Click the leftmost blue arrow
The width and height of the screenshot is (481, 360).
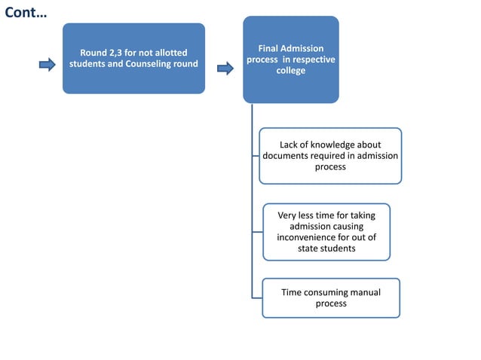pos(47,65)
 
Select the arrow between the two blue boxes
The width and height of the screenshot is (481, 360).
pos(225,69)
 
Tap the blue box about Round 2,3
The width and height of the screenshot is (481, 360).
pos(133,58)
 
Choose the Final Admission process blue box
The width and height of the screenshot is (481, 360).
pos(290,59)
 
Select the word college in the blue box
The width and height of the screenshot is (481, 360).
pos(291,71)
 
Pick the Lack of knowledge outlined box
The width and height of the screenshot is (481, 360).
pos(330,156)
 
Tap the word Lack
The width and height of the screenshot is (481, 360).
pos(290,145)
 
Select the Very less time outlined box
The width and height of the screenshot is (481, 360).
pos(326,231)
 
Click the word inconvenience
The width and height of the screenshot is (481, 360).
pos(312,237)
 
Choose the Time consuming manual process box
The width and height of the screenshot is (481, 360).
pos(330,297)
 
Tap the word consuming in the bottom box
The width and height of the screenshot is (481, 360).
pos(326,292)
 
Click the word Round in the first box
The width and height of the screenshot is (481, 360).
pos(94,53)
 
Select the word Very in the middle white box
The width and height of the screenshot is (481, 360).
pos(289,215)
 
